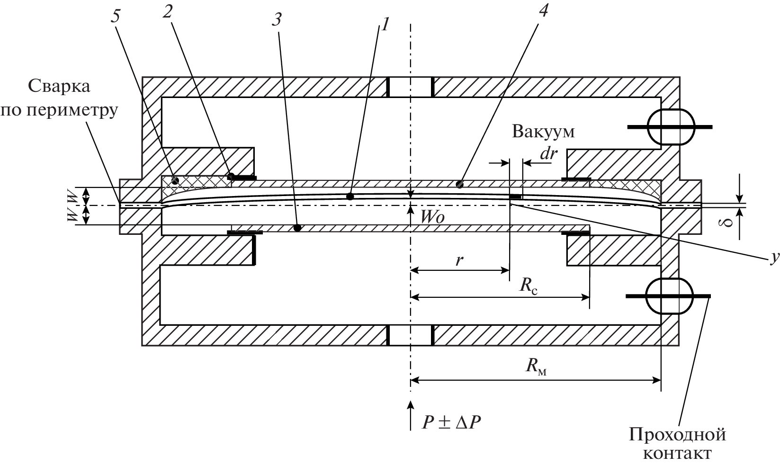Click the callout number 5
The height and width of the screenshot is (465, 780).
tap(116, 16)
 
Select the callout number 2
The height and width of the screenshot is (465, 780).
tap(167, 11)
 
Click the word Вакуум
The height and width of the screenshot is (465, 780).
tap(543, 131)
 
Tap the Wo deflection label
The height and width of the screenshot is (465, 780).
tap(433, 217)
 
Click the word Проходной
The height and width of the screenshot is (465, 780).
tap(677, 434)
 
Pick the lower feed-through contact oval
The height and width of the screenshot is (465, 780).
tap(668, 296)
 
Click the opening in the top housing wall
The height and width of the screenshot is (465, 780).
tap(411, 87)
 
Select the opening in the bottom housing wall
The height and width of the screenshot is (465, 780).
tap(411, 335)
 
